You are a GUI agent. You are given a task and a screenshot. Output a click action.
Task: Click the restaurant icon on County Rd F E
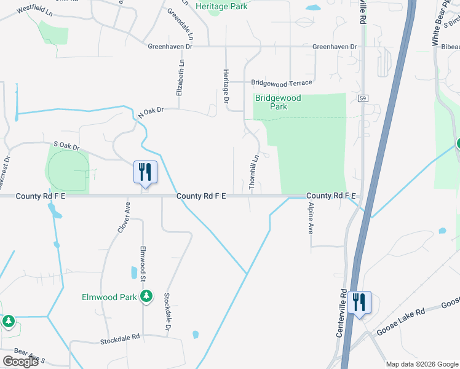(146, 172)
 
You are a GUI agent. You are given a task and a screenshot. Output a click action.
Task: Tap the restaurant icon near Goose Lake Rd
(360, 302)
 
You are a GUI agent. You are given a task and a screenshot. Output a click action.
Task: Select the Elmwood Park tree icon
(146, 297)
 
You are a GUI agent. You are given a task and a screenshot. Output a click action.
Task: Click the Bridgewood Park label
(278, 102)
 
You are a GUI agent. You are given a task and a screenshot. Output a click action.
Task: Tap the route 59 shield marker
(362, 98)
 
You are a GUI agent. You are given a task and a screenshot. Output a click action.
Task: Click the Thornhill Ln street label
(253, 172)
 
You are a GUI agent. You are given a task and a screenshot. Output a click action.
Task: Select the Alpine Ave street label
(311, 218)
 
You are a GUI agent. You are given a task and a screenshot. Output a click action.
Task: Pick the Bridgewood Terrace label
(282, 82)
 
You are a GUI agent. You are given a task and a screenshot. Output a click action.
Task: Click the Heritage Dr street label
(226, 85)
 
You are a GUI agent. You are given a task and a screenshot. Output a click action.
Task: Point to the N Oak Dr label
(151, 111)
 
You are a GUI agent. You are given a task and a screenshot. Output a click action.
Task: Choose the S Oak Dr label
(67, 146)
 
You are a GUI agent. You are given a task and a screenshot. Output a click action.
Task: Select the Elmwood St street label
(142, 263)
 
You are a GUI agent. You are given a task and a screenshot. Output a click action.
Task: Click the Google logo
(20, 362)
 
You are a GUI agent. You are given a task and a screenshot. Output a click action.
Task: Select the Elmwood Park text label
(109, 297)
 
